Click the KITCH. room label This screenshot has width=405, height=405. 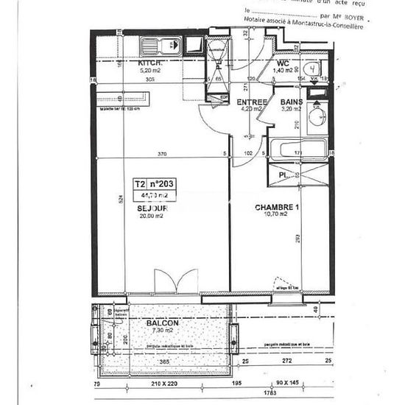coord(150,64)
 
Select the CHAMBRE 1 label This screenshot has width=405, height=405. coord(278,208)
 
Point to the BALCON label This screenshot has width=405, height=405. coord(160,323)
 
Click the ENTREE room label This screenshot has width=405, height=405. coord(250,103)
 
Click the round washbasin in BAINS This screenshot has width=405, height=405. coord(320,118)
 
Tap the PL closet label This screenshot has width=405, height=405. coord(283,175)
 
